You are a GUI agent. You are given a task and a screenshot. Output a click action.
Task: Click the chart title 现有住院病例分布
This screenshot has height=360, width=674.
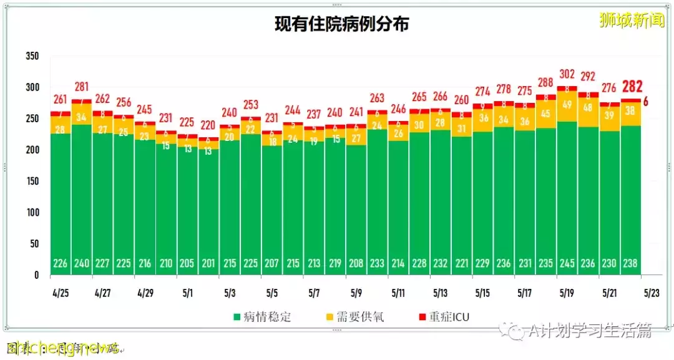[342, 24]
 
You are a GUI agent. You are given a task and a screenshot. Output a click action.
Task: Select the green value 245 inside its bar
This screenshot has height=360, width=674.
[567, 263]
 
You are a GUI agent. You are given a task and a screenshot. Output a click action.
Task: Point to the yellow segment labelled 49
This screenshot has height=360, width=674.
[567, 105]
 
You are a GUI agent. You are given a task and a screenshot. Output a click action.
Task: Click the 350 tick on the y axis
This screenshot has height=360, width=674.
[32, 56]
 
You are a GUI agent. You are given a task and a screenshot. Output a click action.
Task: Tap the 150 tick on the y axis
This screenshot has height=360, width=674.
[32, 181]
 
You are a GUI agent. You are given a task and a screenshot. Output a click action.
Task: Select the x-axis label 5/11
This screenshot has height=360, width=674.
[398, 292]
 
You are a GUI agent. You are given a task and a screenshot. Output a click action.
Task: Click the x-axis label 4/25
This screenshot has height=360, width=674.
[60, 292]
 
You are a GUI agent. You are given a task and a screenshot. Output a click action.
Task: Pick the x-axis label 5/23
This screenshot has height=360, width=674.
[652, 292]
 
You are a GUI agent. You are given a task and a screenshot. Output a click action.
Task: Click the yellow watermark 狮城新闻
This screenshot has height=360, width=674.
[632, 21]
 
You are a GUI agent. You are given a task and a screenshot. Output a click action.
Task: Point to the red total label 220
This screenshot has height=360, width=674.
[208, 124]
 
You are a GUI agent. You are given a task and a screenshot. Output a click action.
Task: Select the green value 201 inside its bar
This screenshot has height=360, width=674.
[208, 263]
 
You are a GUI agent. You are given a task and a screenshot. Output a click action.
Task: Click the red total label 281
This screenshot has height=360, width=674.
[81, 86]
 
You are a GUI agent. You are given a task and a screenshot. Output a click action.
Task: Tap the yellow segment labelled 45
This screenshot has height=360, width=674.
[545, 114]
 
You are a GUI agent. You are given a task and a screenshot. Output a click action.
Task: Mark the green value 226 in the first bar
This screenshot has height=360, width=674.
[60, 263]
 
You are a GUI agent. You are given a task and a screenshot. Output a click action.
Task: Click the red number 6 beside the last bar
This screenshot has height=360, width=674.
[645, 102]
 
